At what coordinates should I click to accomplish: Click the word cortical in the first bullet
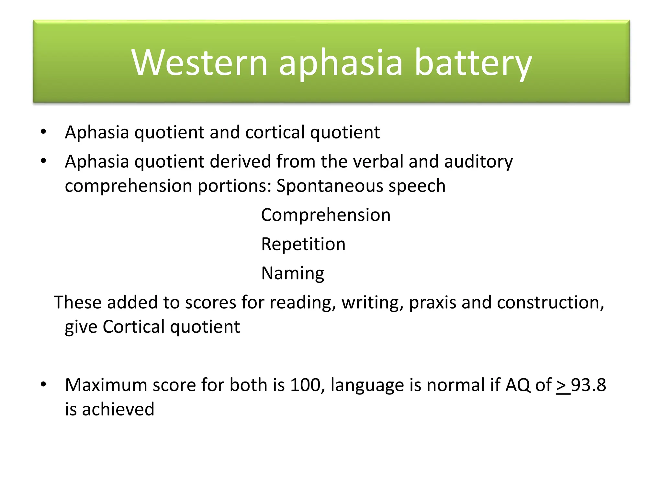coord(275,132)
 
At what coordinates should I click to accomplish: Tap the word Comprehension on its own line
coord(326,215)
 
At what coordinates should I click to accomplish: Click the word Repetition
coord(303,244)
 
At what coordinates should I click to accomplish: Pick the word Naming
coord(292,274)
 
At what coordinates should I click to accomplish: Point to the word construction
coord(550,303)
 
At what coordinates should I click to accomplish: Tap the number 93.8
coord(588,385)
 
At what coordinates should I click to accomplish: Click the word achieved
coord(118,409)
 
